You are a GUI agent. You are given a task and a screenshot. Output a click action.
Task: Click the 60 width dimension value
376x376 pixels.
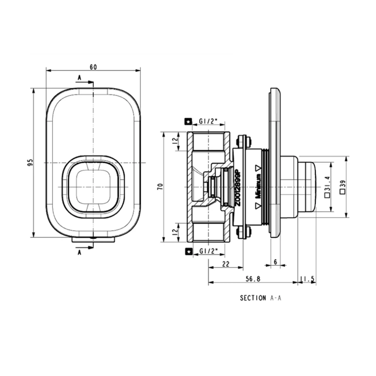(x=93, y=67)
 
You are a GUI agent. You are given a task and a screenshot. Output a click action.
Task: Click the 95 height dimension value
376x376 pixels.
(x=31, y=162)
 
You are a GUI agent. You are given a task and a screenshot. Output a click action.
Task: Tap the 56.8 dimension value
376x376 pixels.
(x=253, y=279)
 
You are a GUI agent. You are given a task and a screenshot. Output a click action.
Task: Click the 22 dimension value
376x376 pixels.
(x=226, y=264)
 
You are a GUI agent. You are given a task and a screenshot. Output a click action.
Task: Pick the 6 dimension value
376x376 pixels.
(x=275, y=262)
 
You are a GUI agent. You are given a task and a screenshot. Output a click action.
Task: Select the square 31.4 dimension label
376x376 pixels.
(x=327, y=187)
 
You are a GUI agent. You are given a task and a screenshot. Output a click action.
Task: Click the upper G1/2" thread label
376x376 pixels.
(x=208, y=121)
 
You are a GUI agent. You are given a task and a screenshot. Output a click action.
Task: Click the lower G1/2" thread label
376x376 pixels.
(x=208, y=251)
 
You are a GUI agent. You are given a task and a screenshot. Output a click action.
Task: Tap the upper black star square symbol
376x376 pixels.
(x=189, y=122)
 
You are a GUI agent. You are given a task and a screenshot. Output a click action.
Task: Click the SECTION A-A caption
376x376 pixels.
(x=260, y=298)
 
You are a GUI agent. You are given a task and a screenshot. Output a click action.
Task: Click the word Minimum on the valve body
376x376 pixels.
(x=259, y=186)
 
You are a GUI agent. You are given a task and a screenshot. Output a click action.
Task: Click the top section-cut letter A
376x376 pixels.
(x=79, y=78)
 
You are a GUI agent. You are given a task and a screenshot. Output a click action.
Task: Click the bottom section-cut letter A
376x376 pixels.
(x=79, y=252)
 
